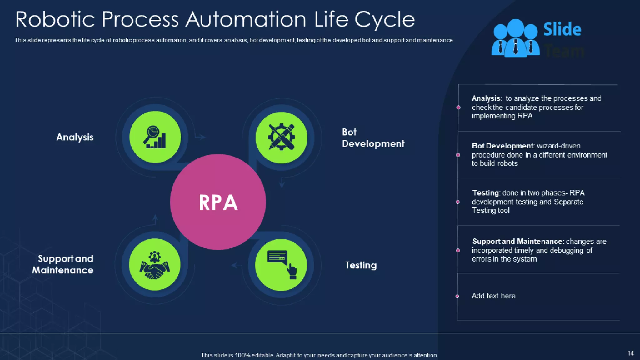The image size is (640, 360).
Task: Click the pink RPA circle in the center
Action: point(218,202)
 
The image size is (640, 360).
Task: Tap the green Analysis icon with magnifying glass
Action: point(155,137)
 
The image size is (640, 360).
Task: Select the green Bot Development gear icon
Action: point(281,137)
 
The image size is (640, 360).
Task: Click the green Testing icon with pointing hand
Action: point(281,265)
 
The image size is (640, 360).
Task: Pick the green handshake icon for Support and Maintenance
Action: point(155,265)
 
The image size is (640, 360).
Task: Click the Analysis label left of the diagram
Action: point(75,137)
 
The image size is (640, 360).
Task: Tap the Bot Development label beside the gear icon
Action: point(373,138)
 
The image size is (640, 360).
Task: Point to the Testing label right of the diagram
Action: point(361,265)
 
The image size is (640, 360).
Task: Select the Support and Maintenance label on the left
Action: point(63,264)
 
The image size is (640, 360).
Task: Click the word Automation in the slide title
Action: point(246,20)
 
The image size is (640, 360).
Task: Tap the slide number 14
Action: point(630,353)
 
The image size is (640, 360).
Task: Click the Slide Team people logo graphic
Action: point(515,38)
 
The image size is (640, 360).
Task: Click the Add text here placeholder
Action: point(493,296)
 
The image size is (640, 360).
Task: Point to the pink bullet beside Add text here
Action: point(457,296)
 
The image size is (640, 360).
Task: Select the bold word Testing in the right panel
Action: point(486,193)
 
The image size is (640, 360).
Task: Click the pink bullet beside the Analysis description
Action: point(458,107)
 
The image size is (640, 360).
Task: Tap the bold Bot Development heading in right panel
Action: point(502,146)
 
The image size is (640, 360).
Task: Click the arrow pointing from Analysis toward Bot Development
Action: point(200,137)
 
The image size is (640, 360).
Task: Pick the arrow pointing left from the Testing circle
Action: point(236,266)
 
